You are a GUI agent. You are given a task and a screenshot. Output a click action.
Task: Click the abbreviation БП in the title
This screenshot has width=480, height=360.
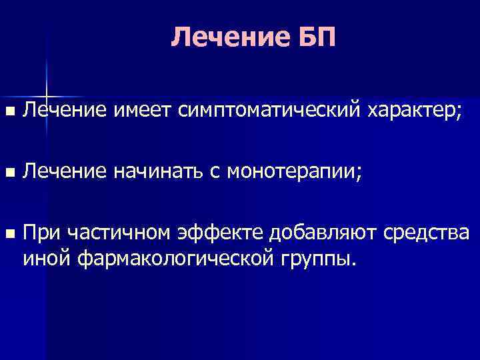tap(314, 38)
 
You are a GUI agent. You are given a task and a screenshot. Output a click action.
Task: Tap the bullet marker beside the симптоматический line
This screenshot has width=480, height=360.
tap(8, 109)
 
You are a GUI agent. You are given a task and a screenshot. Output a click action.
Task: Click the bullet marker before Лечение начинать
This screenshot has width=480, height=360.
tap(8, 173)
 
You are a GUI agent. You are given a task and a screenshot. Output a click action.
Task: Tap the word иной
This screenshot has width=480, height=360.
tap(46, 257)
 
